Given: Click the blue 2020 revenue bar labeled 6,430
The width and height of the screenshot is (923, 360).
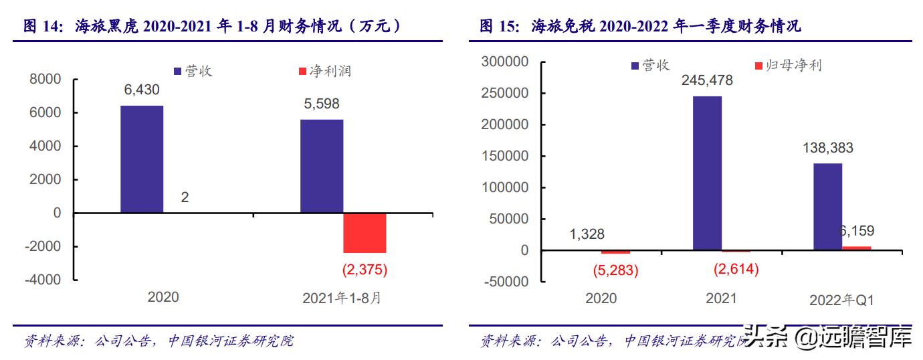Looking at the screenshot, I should (x=142, y=159).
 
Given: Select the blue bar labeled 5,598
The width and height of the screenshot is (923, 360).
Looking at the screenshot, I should (x=322, y=166).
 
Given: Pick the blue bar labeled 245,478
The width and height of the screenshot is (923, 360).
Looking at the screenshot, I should (x=707, y=173).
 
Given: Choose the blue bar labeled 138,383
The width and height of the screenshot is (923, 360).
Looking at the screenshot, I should (x=827, y=207).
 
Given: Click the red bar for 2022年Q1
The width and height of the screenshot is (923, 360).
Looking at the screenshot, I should (x=857, y=248).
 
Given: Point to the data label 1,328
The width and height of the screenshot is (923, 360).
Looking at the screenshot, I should (x=587, y=234).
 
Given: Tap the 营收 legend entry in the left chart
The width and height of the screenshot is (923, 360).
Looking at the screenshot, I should (x=193, y=71).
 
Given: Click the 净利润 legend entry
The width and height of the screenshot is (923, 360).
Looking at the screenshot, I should (x=324, y=71).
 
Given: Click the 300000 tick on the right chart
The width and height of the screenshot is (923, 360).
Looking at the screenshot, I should (x=505, y=62).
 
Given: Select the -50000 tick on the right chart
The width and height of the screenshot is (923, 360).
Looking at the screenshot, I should (x=505, y=282).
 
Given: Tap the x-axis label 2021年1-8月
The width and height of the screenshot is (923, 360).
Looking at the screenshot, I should (x=342, y=298).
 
